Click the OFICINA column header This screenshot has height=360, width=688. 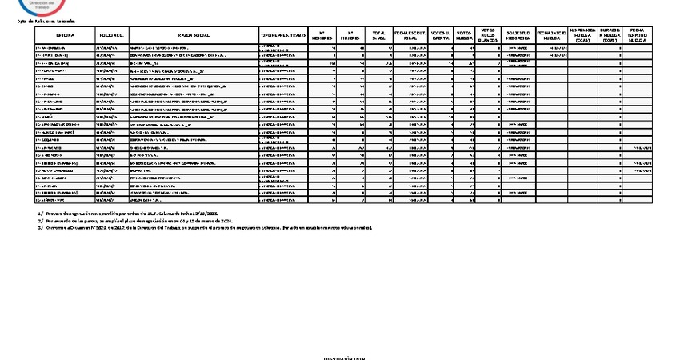pyautogui.click(x=66, y=36)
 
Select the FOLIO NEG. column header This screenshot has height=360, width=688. pyautogui.click(x=111, y=36)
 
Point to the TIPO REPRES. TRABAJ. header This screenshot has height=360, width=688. pyautogui.click(x=283, y=36)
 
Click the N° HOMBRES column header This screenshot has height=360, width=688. pyautogui.click(x=322, y=36)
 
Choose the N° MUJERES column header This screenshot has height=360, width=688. pyautogui.click(x=350, y=36)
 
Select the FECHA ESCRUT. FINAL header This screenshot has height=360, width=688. pyautogui.click(x=410, y=36)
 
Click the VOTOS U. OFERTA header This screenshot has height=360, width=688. pyautogui.click(x=440, y=36)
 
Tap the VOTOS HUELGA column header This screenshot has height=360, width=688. pyautogui.click(x=464, y=36)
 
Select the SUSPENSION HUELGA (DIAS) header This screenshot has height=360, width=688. pyautogui.click(x=582, y=36)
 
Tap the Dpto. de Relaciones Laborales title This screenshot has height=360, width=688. pyautogui.click(x=46, y=22)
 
